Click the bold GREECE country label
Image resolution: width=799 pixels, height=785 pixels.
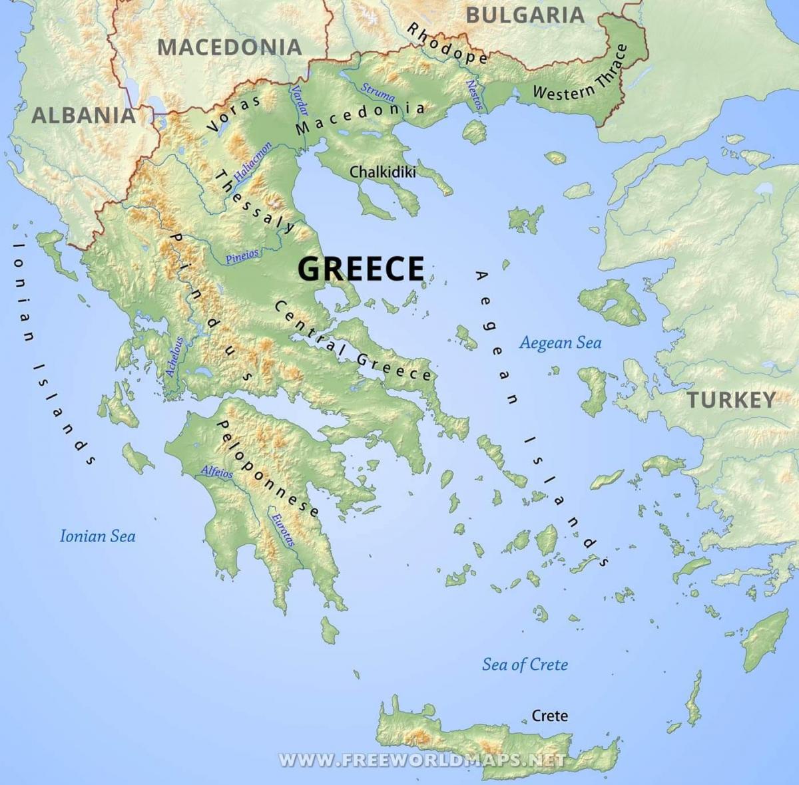360,269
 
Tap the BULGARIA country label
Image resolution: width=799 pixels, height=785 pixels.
525,15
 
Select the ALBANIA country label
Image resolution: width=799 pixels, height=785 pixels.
84,115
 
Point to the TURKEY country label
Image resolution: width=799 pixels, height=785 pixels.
731,400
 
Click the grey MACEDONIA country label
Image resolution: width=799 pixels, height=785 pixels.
230,47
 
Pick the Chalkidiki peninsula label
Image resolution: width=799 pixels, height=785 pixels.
383,172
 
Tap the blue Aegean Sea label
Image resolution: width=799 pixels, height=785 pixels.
560,343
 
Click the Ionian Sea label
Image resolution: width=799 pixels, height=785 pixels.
97,536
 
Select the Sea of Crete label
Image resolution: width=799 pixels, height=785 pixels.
525,664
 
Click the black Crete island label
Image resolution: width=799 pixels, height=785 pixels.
550,716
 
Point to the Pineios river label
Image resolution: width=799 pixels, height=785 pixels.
242,257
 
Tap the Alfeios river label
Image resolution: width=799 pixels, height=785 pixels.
217,472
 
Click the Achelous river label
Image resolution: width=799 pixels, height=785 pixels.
174,357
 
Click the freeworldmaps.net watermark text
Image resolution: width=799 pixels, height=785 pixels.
422,760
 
